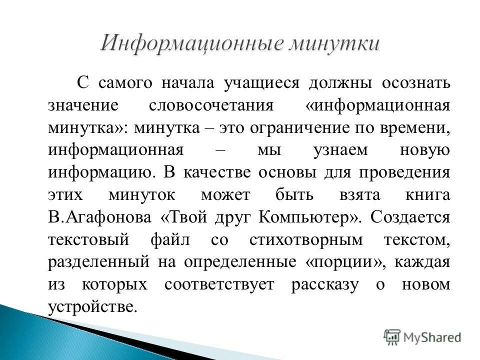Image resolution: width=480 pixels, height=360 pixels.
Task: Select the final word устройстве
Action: (x=92, y=307)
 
